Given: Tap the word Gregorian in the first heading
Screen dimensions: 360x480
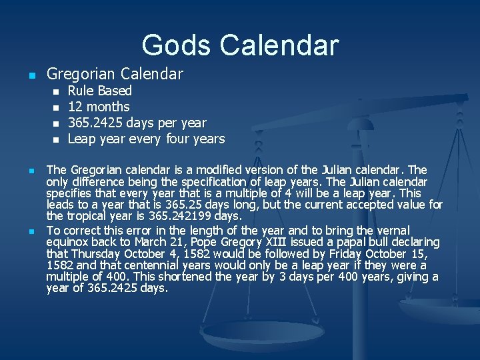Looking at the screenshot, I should [x=79, y=74].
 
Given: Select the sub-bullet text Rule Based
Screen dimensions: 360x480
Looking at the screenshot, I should [x=100, y=91].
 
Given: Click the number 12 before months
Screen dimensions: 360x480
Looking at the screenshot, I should [x=75, y=107].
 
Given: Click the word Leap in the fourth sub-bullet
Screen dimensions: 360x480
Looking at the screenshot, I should [x=81, y=139].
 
